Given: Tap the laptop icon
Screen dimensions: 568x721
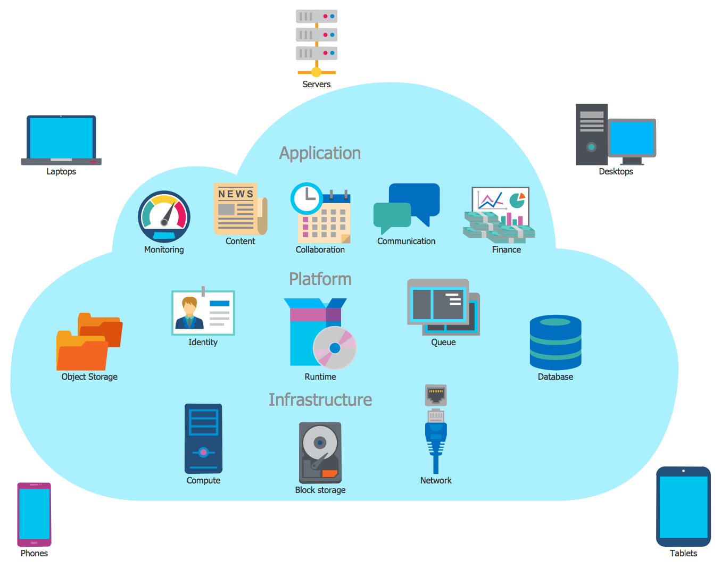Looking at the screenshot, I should (61, 140).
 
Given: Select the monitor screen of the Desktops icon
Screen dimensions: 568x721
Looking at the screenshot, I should (632, 138).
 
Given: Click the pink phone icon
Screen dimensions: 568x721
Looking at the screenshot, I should (34, 514).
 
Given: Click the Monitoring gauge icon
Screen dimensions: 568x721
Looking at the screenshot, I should (164, 217).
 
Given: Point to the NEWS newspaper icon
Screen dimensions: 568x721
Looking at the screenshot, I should (239, 209).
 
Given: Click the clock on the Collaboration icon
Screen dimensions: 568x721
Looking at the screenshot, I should (306, 198).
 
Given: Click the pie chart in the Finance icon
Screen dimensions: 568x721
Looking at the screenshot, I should (517, 201).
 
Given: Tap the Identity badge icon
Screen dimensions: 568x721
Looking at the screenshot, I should (203, 313).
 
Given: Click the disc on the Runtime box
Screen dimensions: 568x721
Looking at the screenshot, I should (335, 348).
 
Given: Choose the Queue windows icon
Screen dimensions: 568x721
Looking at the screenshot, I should (443, 307).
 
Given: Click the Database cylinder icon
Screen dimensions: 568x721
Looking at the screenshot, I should (556, 343).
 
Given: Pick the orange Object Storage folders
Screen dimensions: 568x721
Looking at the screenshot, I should (89, 341).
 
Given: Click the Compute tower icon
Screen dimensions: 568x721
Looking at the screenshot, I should (203, 439).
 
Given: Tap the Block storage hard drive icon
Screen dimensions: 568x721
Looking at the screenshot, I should (320, 453).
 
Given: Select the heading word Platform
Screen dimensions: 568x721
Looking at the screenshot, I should (320, 279).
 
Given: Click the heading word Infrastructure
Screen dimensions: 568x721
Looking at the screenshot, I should (320, 400).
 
